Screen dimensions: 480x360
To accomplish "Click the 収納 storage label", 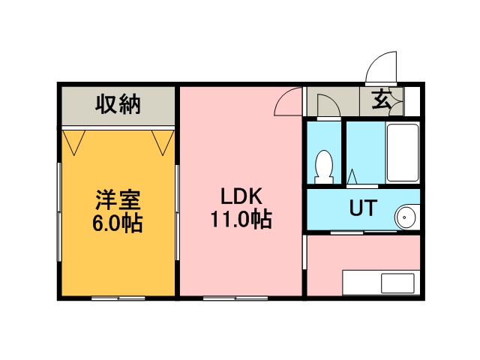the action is point(118,105).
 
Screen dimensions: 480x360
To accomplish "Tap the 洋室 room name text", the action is point(118,200).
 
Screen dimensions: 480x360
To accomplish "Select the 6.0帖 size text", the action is point(118,223).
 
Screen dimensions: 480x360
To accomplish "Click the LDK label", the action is point(241,196).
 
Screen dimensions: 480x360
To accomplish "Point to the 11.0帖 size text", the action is point(241,219).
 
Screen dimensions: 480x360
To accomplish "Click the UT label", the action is point(363,208).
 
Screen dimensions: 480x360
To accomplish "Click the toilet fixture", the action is point(324,166).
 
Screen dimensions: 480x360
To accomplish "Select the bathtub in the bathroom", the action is point(403,152).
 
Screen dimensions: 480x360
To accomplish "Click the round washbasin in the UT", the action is point(406,217).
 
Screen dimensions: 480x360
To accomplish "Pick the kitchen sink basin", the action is point(397,283).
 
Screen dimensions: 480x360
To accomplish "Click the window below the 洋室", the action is point(118,298).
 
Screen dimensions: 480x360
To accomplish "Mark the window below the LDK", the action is point(235,298).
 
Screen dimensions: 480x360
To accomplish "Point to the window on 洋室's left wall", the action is point(59,211).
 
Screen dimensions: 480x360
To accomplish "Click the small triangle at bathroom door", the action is point(352,176).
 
